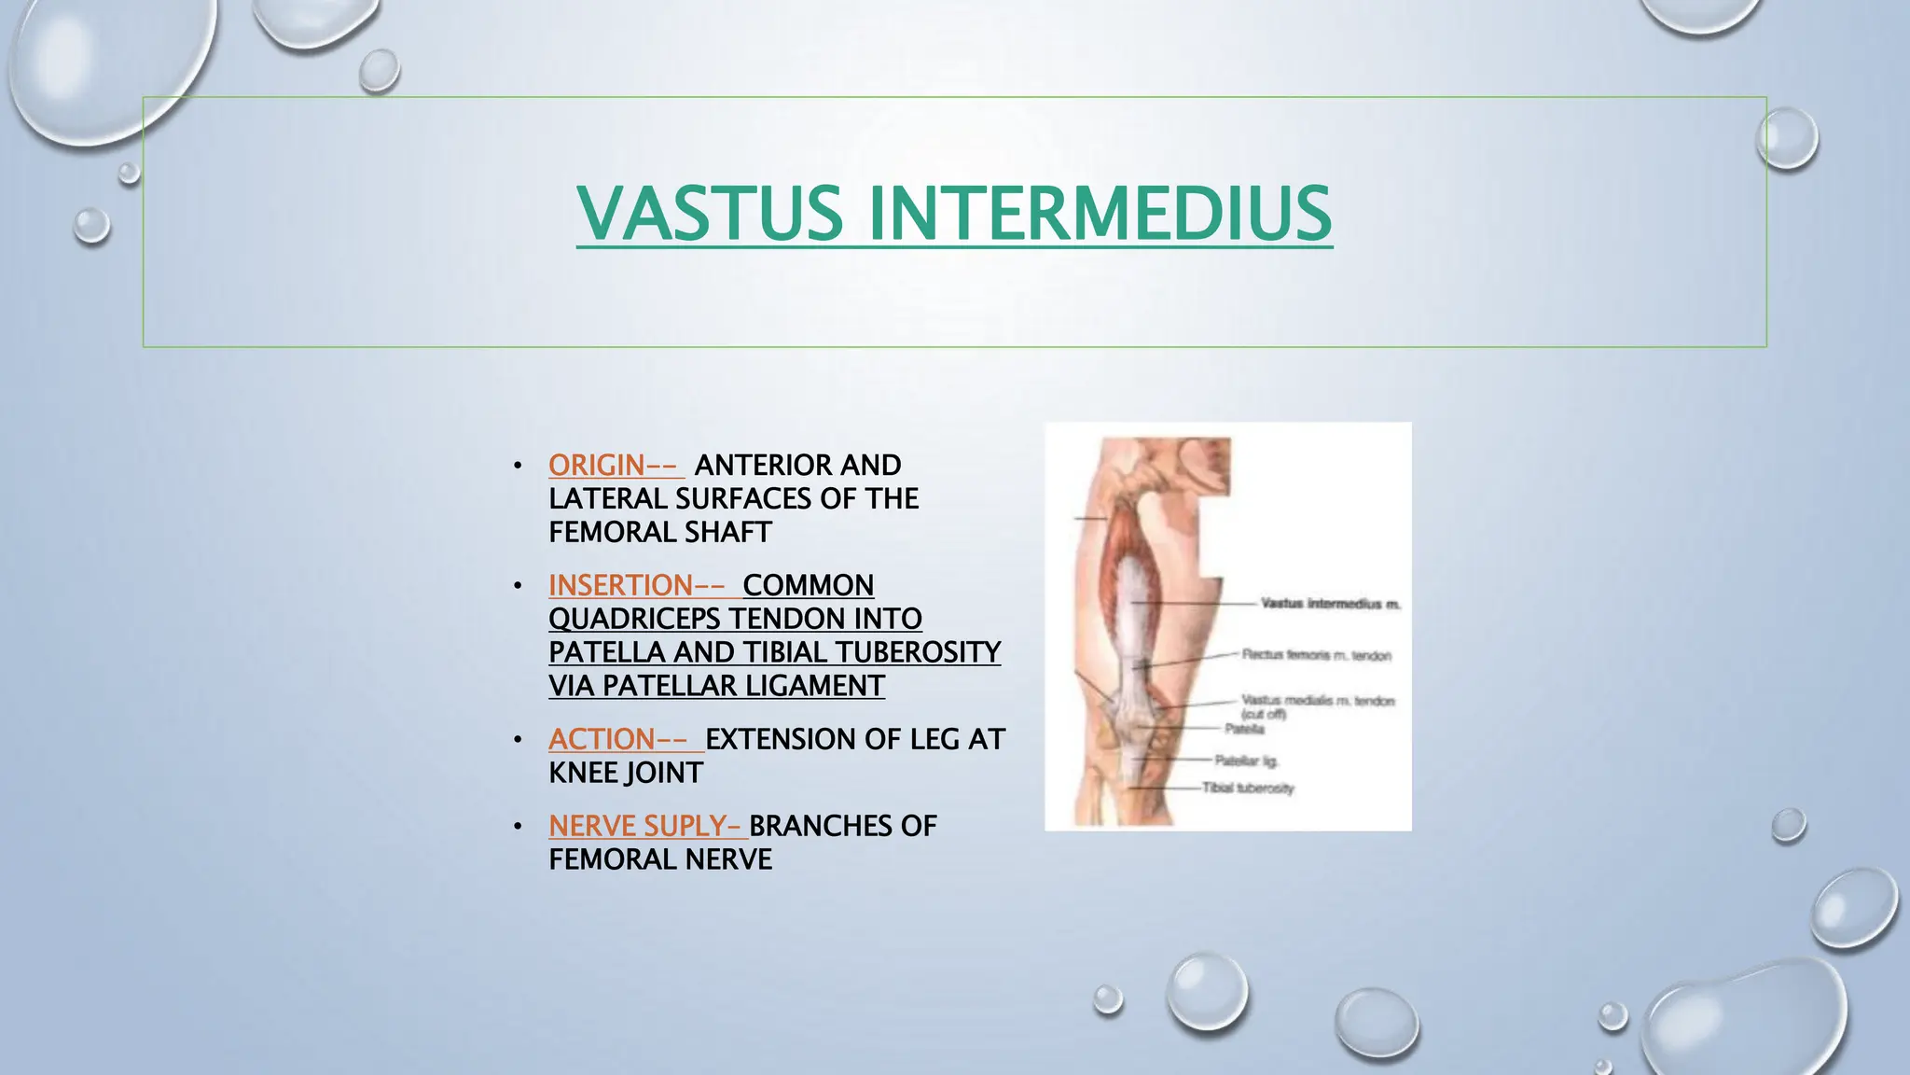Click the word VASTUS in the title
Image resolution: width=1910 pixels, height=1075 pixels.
click(x=709, y=213)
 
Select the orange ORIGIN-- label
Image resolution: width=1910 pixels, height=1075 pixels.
click(x=615, y=465)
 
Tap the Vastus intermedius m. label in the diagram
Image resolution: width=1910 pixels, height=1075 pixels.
click(x=1330, y=604)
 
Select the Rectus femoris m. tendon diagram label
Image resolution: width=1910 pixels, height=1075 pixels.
click(x=1316, y=655)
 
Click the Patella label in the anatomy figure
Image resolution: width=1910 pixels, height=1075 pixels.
click(x=1244, y=729)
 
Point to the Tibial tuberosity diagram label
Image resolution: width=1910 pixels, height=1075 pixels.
click(x=1248, y=789)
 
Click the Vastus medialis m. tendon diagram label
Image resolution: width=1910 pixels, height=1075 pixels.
click(x=1317, y=701)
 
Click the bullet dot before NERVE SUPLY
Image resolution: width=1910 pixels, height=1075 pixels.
click(x=518, y=827)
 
